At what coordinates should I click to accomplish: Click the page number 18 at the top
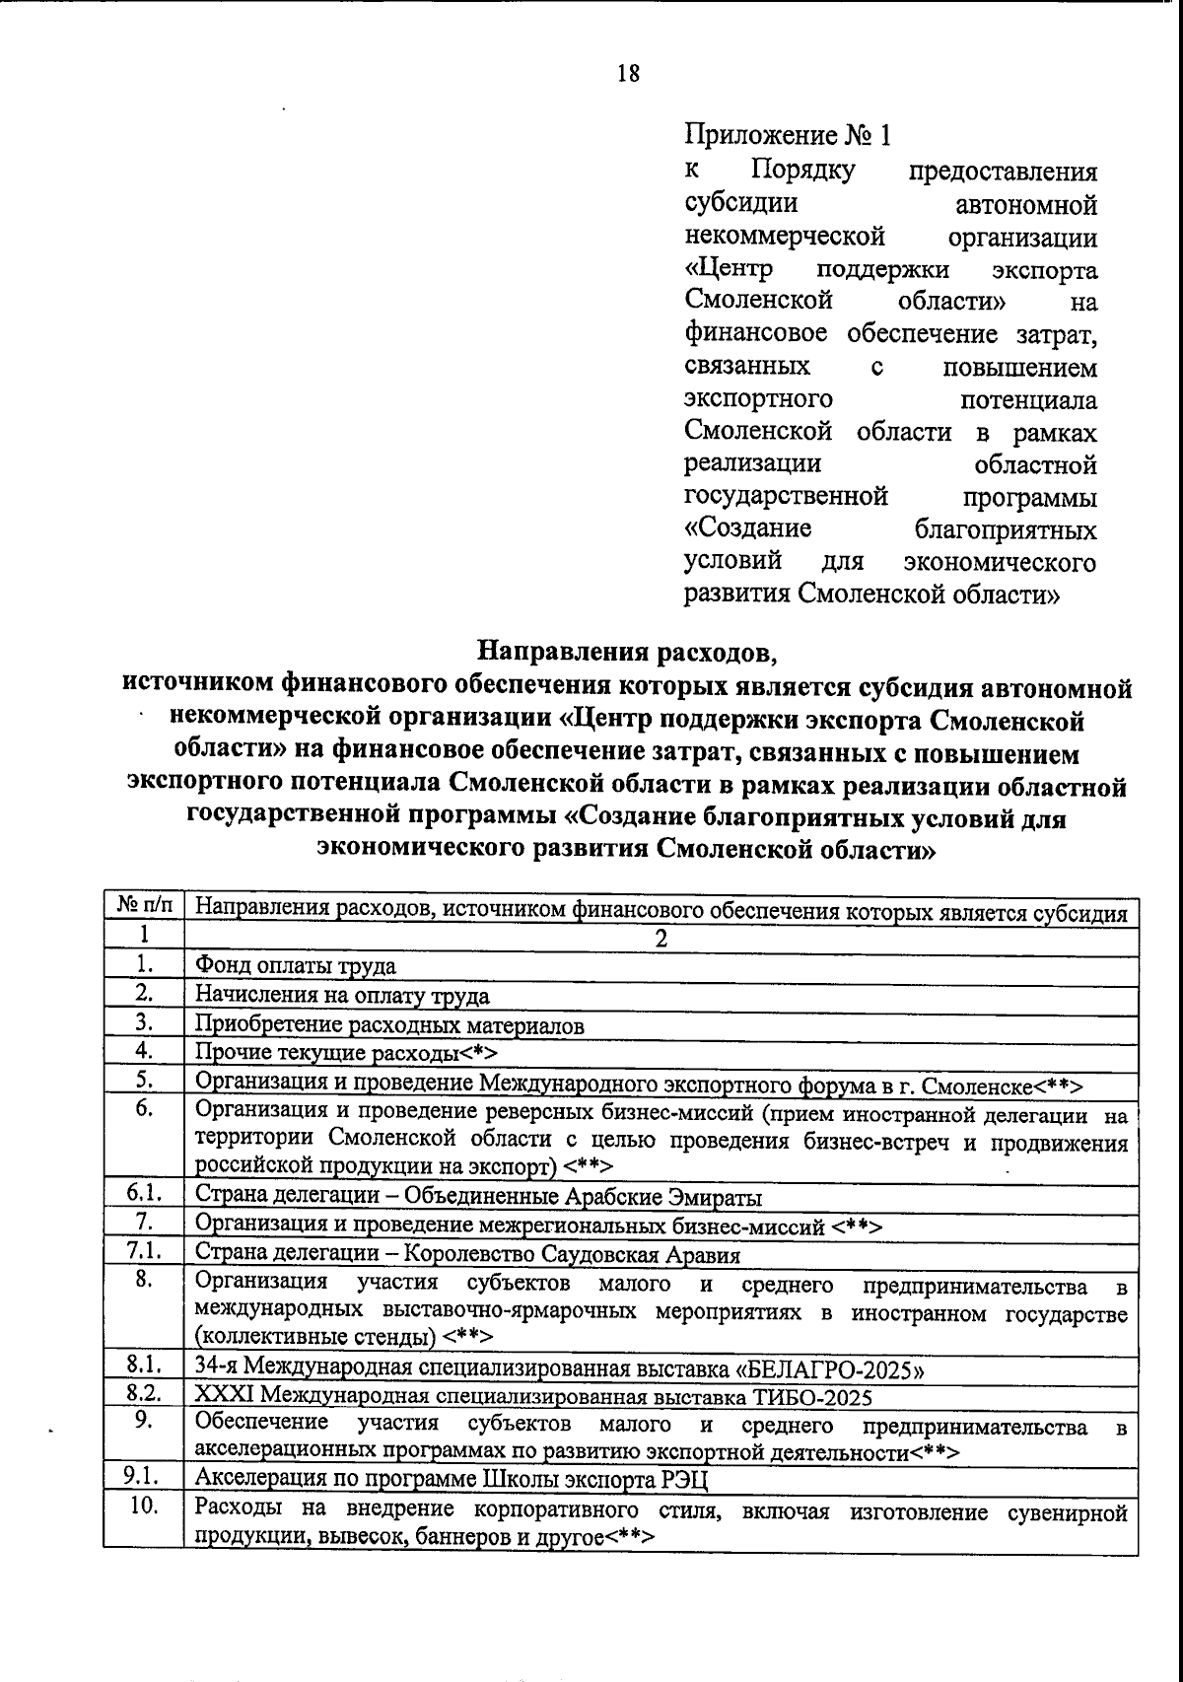click(x=628, y=74)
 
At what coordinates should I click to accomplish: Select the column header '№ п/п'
click(x=144, y=904)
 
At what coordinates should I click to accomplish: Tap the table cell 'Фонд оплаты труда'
click(x=296, y=966)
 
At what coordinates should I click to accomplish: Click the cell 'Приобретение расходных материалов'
click(x=389, y=1025)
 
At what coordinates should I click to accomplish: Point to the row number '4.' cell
click(x=144, y=1051)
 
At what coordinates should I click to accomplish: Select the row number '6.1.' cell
click(x=144, y=1196)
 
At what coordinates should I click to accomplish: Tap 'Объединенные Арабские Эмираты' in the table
click(x=587, y=1198)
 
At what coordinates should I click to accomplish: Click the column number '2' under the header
click(x=661, y=938)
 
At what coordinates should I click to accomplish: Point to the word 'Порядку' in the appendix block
click(x=802, y=171)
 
